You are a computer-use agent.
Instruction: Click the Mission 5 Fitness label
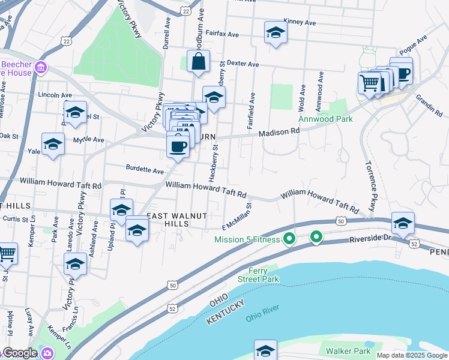pyautogui.click(x=247, y=240)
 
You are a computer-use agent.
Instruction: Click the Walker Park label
pyautogui.click(x=348, y=350)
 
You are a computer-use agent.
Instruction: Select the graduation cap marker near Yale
pyautogui.click(x=53, y=145)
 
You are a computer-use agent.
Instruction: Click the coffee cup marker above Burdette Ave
pyautogui.click(x=178, y=146)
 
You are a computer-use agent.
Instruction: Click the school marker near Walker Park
pyautogui.click(x=265, y=350)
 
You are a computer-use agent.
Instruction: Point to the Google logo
pyautogui.click(x=20, y=353)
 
